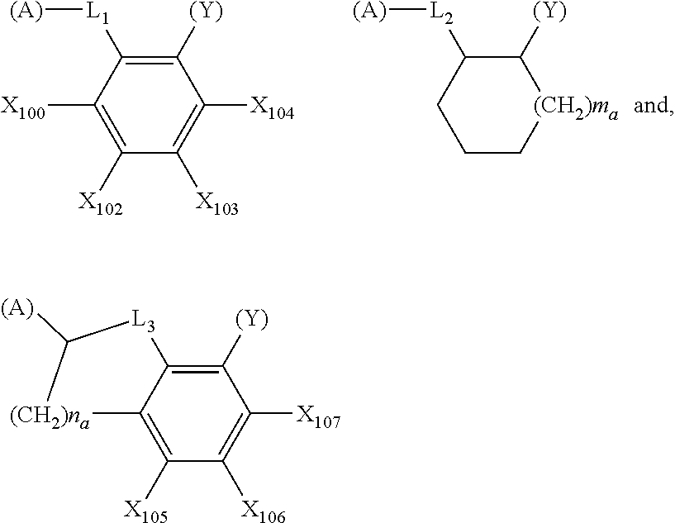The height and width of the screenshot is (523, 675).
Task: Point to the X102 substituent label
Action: (x=101, y=203)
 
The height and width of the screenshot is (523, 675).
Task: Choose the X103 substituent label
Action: (x=216, y=203)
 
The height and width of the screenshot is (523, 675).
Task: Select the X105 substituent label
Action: (x=146, y=511)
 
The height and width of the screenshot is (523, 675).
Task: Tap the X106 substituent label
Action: (x=263, y=511)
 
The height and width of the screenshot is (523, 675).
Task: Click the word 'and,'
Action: (x=649, y=107)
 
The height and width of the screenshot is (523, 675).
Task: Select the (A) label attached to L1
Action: (x=21, y=13)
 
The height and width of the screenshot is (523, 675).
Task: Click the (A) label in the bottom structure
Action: (x=17, y=309)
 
